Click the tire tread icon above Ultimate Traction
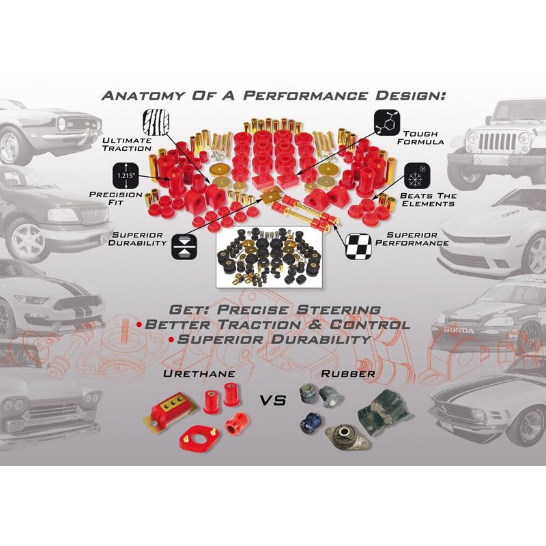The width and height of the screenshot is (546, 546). pyautogui.click(x=156, y=122)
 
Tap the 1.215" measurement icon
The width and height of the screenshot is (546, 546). pyautogui.click(x=126, y=175)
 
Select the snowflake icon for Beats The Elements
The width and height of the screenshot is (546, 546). pyautogui.click(x=417, y=176)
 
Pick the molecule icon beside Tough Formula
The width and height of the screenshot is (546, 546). pyautogui.click(x=387, y=123)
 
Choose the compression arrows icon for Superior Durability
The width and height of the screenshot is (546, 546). pyautogui.click(x=184, y=246)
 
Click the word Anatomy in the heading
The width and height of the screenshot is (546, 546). pyautogui.click(x=143, y=96)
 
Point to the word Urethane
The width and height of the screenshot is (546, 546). pyautogui.click(x=199, y=373)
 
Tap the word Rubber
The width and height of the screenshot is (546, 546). pyautogui.click(x=348, y=373)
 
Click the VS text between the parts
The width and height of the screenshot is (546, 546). pyautogui.click(x=274, y=401)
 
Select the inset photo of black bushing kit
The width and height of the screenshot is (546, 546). pyautogui.click(x=269, y=257)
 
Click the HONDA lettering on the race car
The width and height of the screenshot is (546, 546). pyautogui.click(x=459, y=330)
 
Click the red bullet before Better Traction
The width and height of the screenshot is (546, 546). pyautogui.click(x=140, y=325)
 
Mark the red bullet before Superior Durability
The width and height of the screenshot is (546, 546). pyautogui.click(x=171, y=339)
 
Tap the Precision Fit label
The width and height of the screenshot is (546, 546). pyautogui.click(x=115, y=198)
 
